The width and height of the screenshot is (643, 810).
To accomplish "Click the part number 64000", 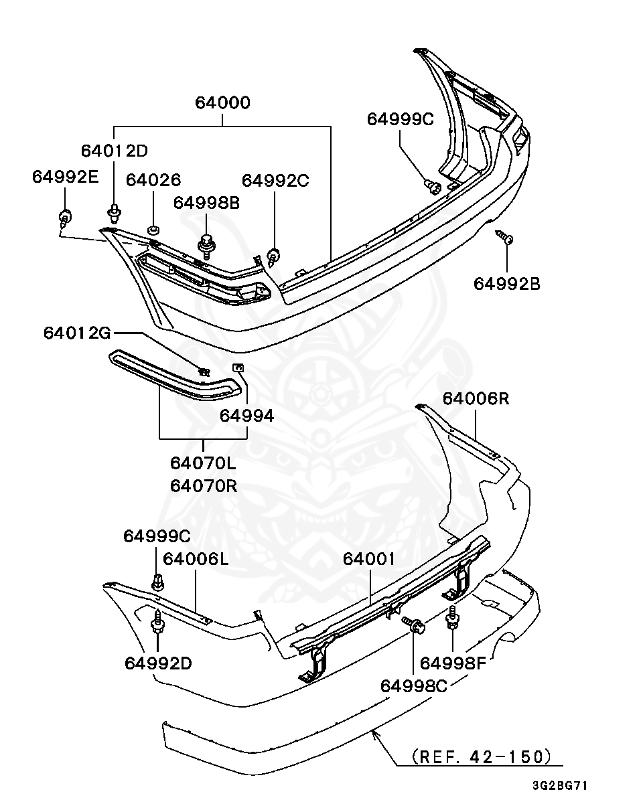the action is click(222, 102).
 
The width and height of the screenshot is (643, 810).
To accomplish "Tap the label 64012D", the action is click(115, 151).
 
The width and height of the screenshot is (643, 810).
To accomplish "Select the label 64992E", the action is click(65, 177).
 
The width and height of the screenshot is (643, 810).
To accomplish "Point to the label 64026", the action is click(153, 180).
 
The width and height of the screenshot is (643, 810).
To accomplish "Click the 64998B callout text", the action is click(206, 203).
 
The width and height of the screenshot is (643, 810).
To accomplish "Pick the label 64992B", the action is click(506, 284).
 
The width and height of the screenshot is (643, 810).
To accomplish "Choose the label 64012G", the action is click(78, 333).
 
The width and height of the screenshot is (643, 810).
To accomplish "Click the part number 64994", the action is click(246, 416).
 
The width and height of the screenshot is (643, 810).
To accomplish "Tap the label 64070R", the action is click(204, 486).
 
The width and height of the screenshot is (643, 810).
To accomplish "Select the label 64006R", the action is click(476, 398).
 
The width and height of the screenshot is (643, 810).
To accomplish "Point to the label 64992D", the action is click(158, 663).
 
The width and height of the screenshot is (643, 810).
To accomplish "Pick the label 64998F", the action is click(453, 663).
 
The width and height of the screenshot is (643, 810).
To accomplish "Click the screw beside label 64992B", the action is click(504, 237).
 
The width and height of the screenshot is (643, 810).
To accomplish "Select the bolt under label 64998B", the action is click(206, 246).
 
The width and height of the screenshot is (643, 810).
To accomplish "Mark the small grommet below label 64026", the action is click(153, 229).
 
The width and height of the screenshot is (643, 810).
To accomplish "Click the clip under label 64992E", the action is click(65, 218).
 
